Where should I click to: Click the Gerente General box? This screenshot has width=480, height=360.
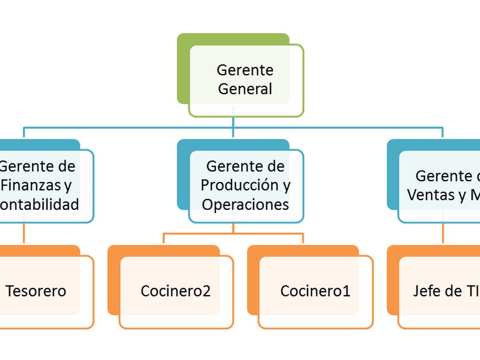point(246,80)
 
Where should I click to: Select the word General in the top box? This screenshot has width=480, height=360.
point(245,89)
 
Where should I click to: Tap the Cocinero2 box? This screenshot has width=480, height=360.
point(176,291)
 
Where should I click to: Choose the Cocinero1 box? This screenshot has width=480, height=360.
point(315,291)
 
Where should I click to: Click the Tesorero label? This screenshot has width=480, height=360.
point(36,291)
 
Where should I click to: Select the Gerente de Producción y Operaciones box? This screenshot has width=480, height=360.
point(246,186)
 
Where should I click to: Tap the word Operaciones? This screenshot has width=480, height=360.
point(245,205)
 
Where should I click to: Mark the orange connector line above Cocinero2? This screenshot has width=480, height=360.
point(164,238)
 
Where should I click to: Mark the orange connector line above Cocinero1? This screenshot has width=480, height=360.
point(303,238)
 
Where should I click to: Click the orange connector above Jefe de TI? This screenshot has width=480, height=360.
point(443,233)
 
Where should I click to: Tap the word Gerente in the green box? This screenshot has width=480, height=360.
point(245,70)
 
